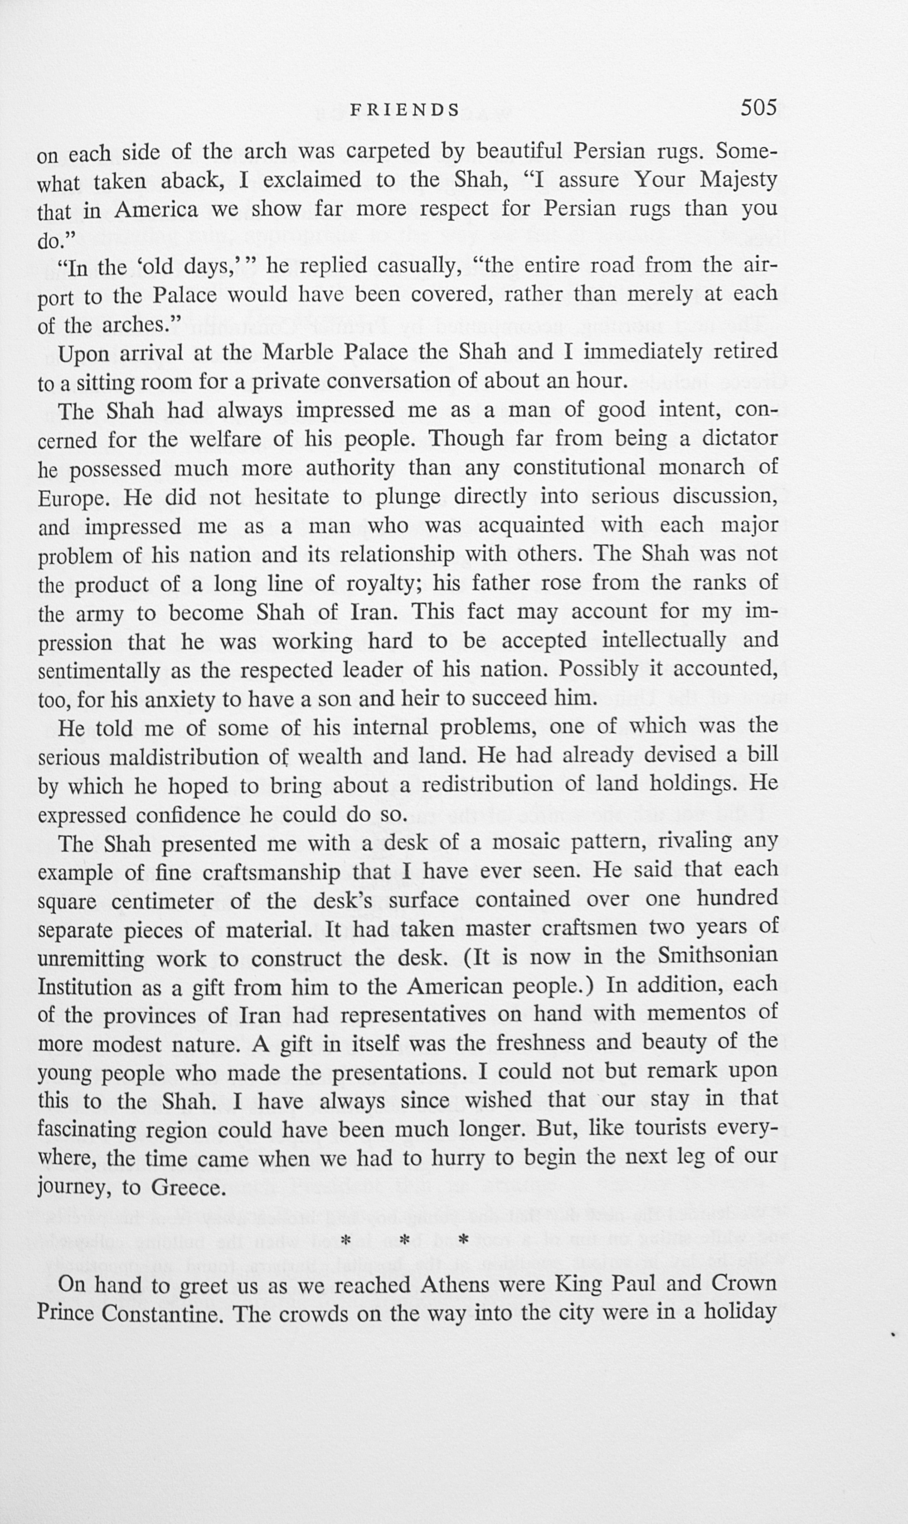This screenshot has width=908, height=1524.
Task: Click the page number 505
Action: (758, 108)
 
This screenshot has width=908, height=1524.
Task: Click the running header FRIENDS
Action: (405, 110)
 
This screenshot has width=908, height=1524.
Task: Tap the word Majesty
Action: (739, 180)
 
